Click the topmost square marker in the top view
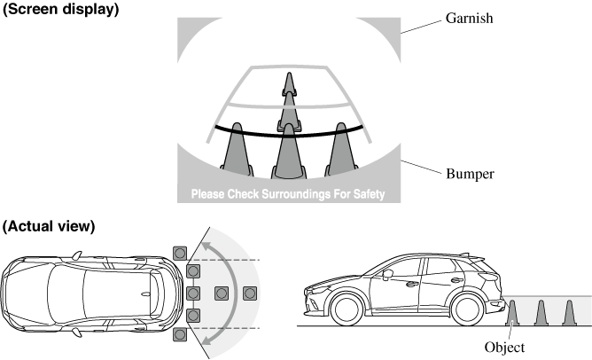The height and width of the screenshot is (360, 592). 181,253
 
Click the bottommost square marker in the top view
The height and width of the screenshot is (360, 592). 181,334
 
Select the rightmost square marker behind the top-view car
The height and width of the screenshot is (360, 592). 250,293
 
